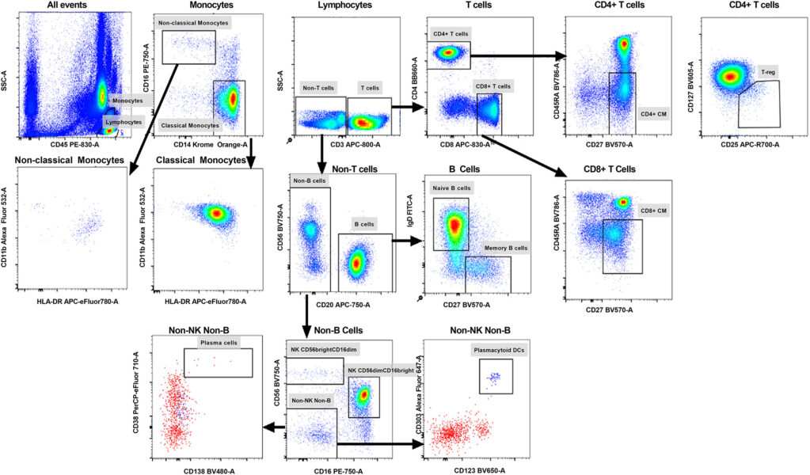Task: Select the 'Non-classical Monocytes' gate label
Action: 194,23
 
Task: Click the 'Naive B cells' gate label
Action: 453,188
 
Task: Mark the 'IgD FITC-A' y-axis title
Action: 418,224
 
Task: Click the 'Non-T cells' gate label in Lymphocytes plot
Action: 320,88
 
